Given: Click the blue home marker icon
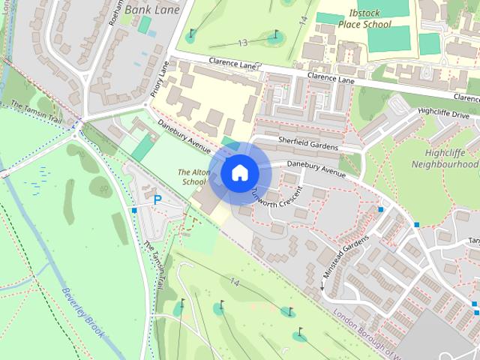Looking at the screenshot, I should (x=238, y=172).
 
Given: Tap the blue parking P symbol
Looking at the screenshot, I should (x=157, y=199).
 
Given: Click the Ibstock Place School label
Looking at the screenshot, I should (x=364, y=19).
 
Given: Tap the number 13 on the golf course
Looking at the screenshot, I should (x=241, y=43).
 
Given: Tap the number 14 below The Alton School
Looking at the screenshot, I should (x=235, y=282).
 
